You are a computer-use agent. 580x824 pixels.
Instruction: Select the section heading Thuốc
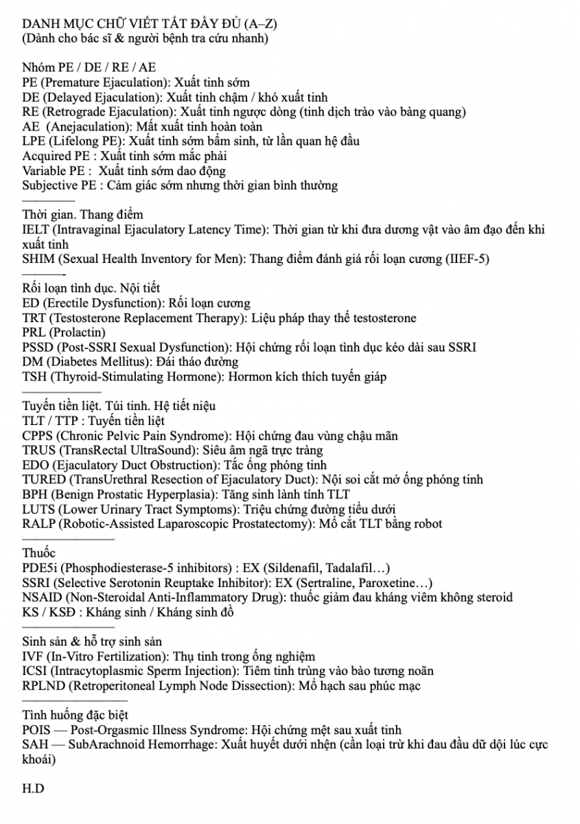click(x=39, y=553)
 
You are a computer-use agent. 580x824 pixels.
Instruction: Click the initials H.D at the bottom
click(x=33, y=788)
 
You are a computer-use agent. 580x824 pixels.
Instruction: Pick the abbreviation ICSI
click(x=35, y=671)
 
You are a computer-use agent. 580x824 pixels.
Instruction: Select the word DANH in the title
click(x=40, y=25)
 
